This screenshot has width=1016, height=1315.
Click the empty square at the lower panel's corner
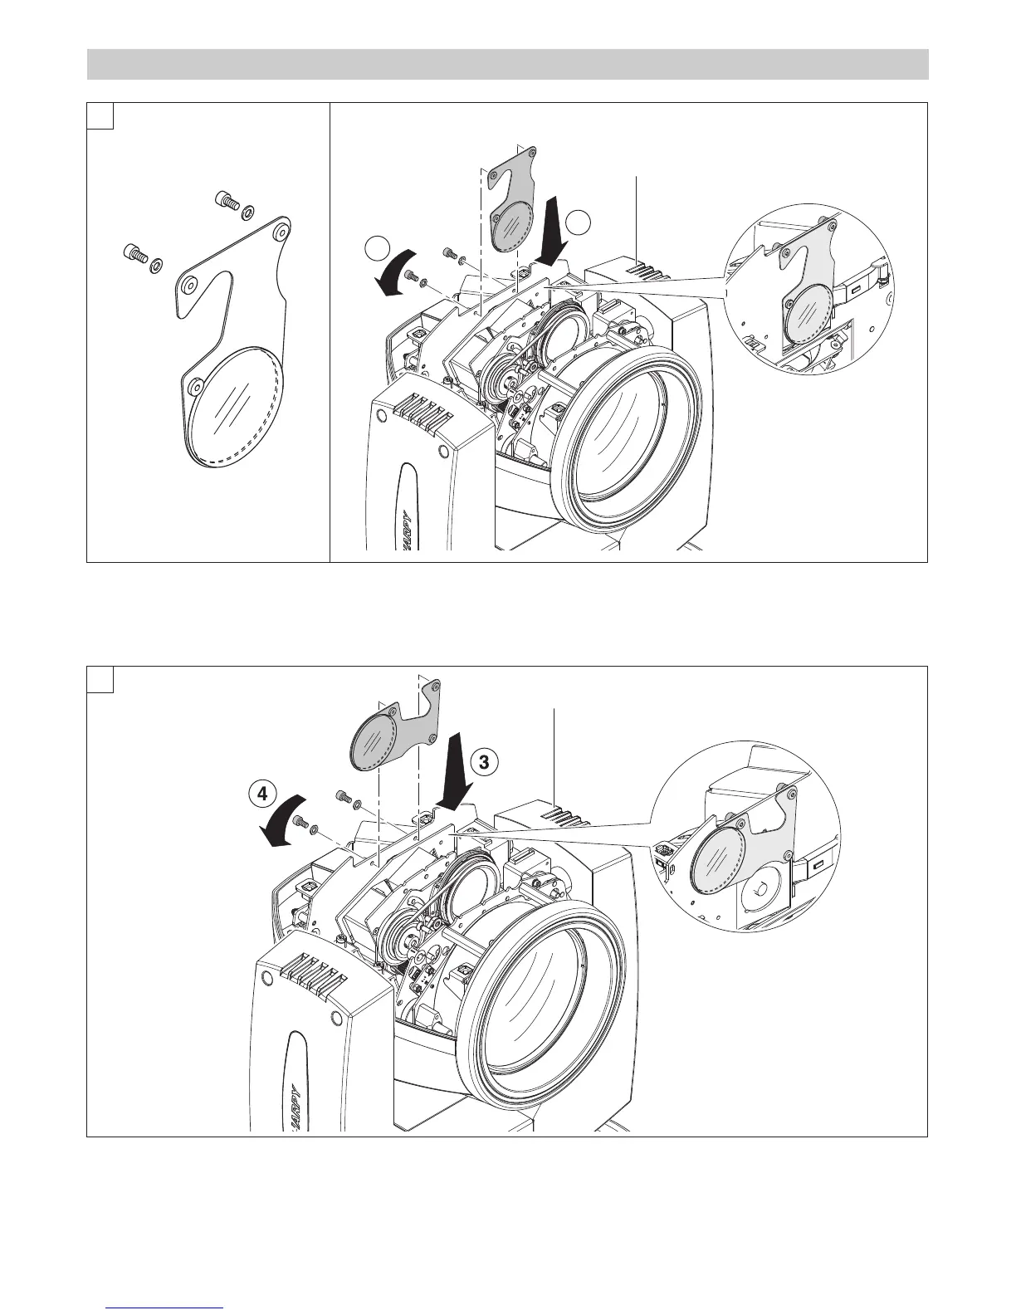100,679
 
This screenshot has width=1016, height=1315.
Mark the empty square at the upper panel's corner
100,116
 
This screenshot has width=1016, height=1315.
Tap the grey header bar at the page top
507,65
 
